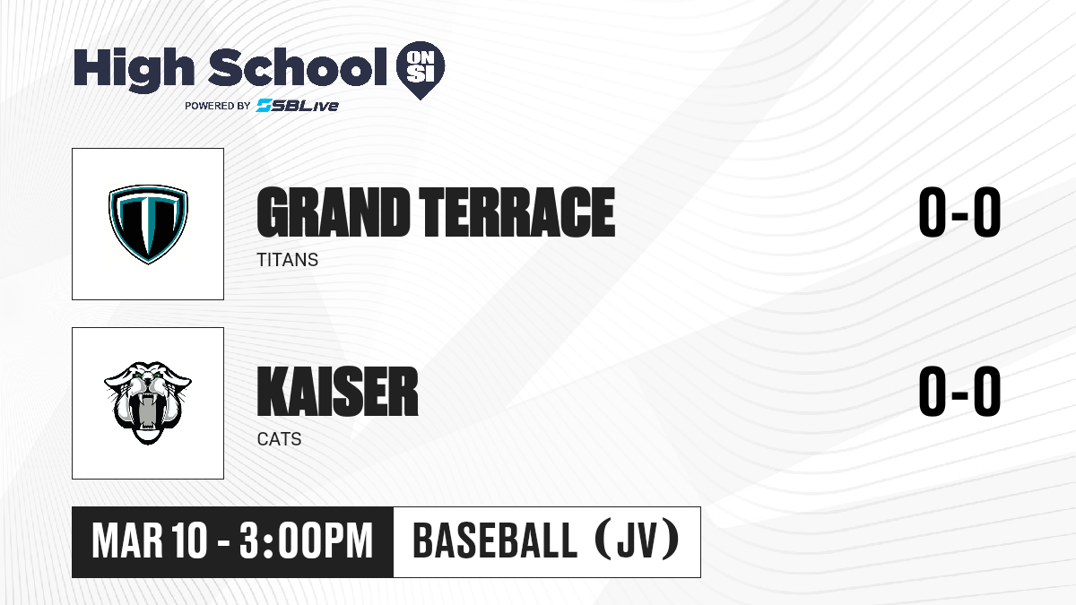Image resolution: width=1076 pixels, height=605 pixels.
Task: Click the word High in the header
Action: coord(134,70)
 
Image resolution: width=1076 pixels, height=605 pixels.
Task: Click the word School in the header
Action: coord(298,66)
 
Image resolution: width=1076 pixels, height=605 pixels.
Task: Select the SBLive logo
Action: coord(297,106)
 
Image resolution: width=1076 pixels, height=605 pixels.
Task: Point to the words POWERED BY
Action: coord(218,106)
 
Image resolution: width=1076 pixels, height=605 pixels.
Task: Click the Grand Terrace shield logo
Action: coord(148,224)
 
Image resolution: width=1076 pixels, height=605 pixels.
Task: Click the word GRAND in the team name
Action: coord(334,212)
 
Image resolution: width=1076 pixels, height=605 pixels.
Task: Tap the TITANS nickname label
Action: coord(288,260)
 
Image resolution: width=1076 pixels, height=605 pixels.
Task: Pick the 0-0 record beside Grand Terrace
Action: coord(959,212)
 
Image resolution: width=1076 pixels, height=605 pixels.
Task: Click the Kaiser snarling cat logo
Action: coord(148,402)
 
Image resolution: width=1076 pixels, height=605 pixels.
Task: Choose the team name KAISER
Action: coord(338,392)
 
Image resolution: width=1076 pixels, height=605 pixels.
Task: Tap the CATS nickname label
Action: coord(279,439)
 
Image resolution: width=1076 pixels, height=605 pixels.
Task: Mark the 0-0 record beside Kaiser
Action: coord(959,392)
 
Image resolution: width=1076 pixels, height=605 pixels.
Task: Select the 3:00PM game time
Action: coord(307,541)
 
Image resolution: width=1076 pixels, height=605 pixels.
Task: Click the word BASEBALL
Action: coord(495,541)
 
